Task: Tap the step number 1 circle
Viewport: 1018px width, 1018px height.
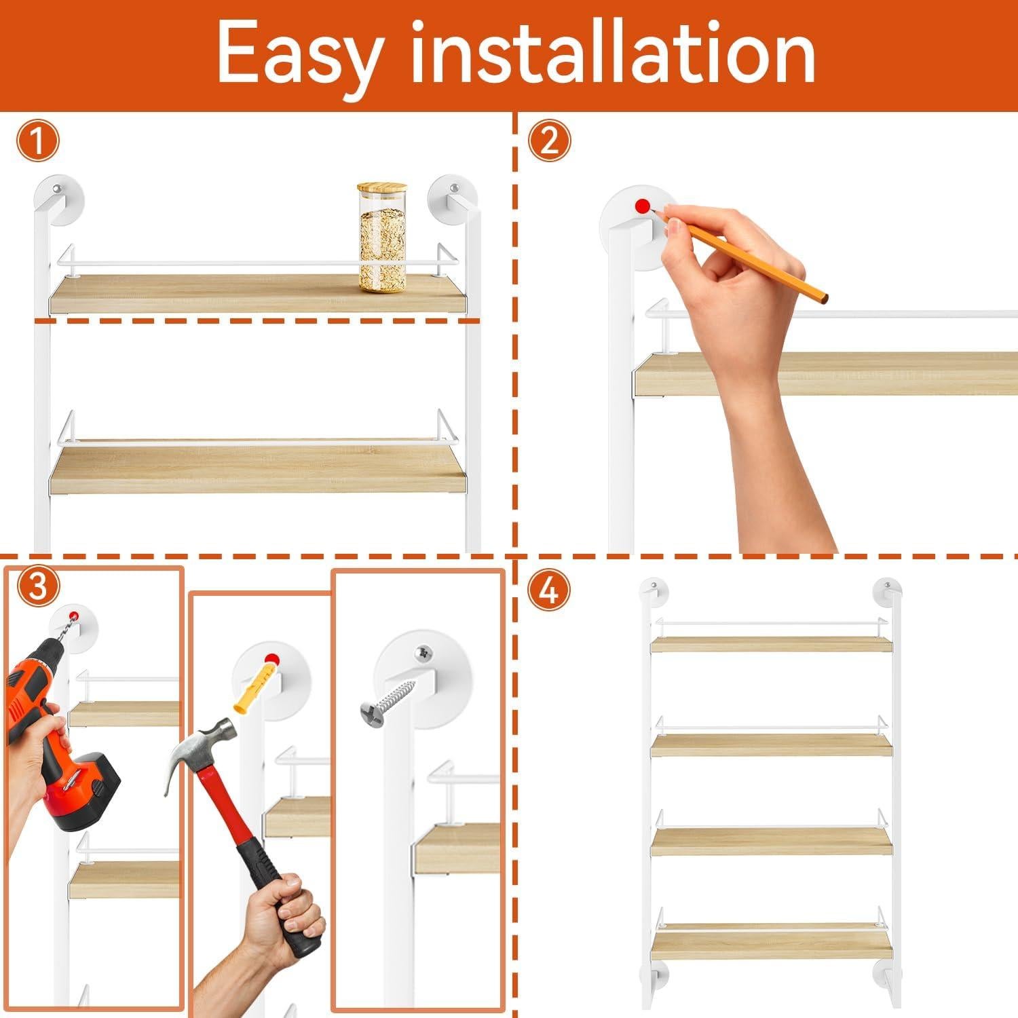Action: [37, 142]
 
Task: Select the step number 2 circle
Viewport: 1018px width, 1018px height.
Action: [549, 140]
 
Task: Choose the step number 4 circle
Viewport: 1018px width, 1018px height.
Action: [549, 590]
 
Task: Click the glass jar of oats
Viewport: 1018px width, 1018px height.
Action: [383, 248]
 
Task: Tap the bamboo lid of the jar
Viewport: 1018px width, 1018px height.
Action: [383, 189]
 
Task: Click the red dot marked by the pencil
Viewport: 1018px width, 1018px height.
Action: [641, 205]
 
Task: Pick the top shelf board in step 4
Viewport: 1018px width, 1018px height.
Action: [771, 644]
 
